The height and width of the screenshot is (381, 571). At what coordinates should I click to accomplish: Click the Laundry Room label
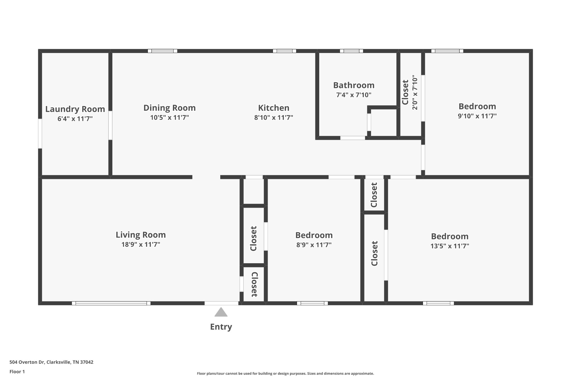tap(75, 109)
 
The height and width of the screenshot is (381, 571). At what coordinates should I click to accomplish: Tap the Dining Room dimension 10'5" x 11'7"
tap(170, 118)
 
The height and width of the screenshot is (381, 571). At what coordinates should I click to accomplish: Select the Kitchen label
tap(274, 108)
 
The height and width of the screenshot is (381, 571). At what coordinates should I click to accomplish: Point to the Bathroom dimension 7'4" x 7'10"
tap(354, 95)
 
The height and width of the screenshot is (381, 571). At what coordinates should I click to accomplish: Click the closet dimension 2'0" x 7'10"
tap(415, 92)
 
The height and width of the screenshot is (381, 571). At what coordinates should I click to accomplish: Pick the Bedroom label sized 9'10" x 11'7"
tap(477, 106)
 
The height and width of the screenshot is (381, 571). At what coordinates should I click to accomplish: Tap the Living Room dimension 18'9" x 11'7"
tap(141, 245)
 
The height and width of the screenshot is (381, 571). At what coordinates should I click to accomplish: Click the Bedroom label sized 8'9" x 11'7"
tap(314, 235)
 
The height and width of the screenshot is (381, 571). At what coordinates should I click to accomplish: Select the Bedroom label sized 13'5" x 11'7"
tap(449, 236)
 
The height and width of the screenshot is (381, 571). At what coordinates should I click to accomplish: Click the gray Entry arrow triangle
tap(221, 313)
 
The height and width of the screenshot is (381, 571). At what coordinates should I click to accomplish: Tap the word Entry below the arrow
tap(221, 327)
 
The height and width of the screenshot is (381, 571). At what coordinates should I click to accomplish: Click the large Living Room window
tap(111, 303)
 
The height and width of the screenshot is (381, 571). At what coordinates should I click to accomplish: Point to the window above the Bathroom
tap(351, 51)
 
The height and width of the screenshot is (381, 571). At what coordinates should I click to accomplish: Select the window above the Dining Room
tap(162, 51)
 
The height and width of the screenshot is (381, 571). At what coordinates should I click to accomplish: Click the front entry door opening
tap(221, 303)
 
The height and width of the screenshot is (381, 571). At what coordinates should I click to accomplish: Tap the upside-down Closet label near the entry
tap(254, 284)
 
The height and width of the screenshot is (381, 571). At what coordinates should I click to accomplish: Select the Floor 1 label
tap(17, 372)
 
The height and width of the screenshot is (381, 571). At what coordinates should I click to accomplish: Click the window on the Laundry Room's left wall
tap(40, 133)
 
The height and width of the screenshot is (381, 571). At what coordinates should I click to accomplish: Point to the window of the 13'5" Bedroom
tap(438, 303)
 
